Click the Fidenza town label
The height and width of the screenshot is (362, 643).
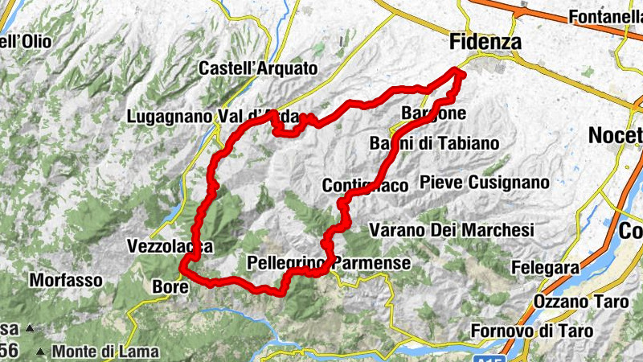pyautogui.click(x=485, y=41)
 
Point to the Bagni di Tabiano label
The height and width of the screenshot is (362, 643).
pyautogui.click(x=433, y=143)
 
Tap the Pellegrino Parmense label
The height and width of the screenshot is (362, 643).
pyautogui.click(x=330, y=263)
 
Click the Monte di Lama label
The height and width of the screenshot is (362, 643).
pyautogui.click(x=106, y=352)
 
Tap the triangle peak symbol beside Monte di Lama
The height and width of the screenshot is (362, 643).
pyautogui.click(x=40, y=352)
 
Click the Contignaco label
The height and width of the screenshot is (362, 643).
pyautogui.click(x=365, y=186)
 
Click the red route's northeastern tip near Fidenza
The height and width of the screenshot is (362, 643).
pyautogui.click(x=461, y=73)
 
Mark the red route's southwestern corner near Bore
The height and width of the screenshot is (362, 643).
pyautogui.click(x=184, y=269)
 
